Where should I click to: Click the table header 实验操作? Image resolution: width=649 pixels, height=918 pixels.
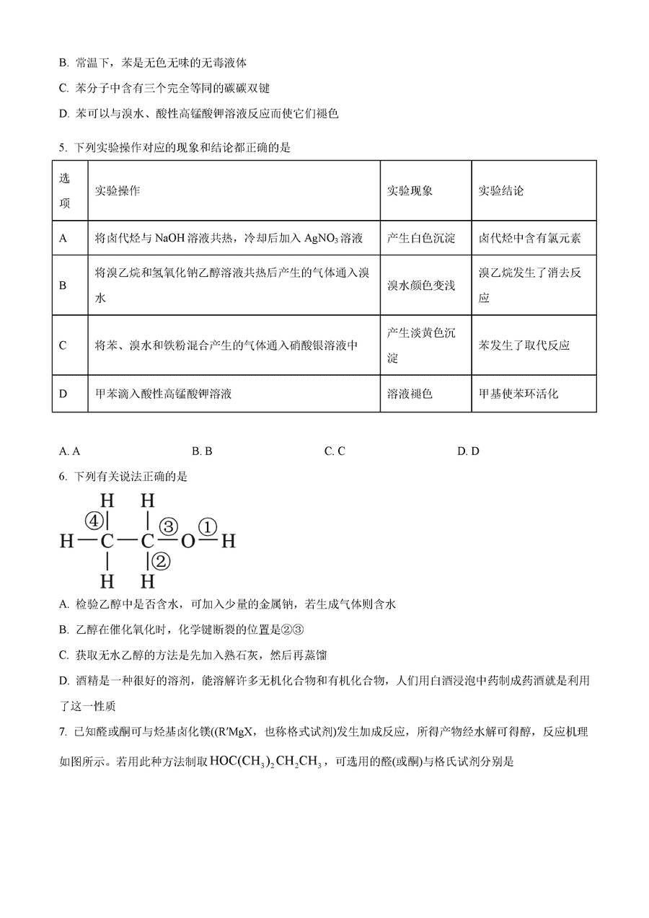118,191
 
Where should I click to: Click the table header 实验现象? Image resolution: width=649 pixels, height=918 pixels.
410,191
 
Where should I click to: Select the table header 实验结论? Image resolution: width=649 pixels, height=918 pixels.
501,191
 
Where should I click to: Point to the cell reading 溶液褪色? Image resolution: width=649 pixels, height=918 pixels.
410,394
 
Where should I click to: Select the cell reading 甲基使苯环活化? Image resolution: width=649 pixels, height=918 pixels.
518,394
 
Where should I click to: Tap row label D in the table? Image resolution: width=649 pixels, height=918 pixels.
63,394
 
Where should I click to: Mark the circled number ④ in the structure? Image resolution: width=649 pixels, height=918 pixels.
94,519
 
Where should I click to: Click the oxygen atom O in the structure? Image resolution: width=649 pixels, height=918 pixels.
187,541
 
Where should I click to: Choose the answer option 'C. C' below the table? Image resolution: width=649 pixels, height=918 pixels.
335,451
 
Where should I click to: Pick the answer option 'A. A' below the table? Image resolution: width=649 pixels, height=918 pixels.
70,451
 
